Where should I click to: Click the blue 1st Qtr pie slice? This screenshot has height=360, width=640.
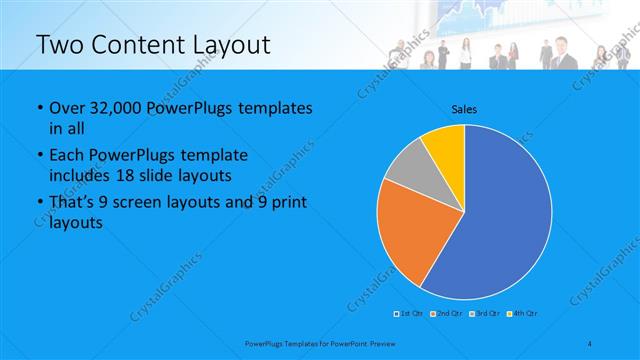(x=500, y=220)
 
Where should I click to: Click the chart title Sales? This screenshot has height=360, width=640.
(x=464, y=109)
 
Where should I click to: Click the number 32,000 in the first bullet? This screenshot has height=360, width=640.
(x=119, y=108)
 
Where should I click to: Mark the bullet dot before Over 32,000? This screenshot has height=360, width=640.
(x=38, y=108)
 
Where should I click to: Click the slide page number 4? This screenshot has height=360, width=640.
(x=590, y=343)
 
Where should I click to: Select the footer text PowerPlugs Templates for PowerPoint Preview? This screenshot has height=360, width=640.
(x=319, y=343)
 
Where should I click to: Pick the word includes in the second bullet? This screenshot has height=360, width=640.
(x=83, y=174)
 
